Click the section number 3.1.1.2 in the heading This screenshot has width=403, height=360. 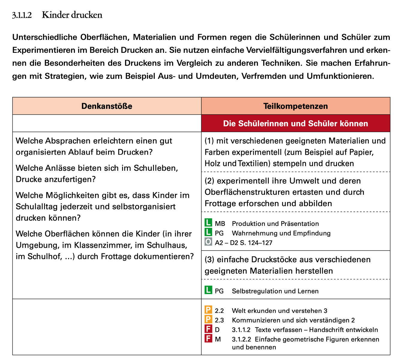[x=22, y=15]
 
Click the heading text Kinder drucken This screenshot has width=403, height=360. [x=72, y=15]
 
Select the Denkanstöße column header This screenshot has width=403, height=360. [x=107, y=106]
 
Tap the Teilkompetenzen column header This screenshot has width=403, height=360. [x=296, y=106]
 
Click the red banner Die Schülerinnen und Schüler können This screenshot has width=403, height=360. [x=296, y=123]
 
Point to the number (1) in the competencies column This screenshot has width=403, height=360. [x=209, y=141]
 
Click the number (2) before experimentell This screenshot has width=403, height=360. [x=209, y=181]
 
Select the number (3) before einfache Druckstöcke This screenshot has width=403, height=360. [x=209, y=259]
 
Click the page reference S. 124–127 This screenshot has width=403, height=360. [x=255, y=243]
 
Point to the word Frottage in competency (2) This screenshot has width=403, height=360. [x=220, y=204]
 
